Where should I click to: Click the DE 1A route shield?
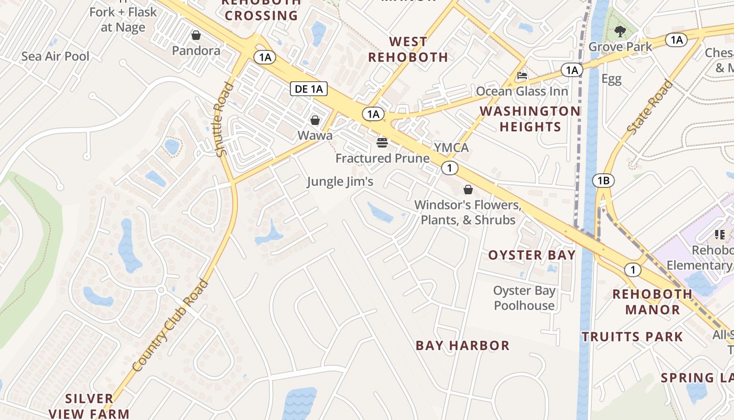coord(309,89)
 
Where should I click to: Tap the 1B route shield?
coord(603,181)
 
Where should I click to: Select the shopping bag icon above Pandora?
coord(196,35)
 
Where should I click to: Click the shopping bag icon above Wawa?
coord(315,120)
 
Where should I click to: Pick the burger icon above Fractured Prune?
coord(382,142)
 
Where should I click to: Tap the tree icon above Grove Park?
coord(620,31)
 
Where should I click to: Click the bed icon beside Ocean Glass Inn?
coord(522,76)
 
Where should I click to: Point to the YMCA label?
coord(451,148)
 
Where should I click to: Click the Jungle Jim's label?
coord(340,182)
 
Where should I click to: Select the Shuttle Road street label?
coord(223,119)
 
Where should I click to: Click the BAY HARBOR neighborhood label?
coord(462,345)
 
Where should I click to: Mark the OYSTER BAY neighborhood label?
coord(532,255)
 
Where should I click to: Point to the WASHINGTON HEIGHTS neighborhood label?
coord(530,119)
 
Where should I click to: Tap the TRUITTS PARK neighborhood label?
coord(632,337)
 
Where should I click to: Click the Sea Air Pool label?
coord(56,56)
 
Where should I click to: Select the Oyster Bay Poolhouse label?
coord(524,298)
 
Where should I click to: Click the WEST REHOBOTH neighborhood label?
coord(408,49)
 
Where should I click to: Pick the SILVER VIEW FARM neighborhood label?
coord(89,406)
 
